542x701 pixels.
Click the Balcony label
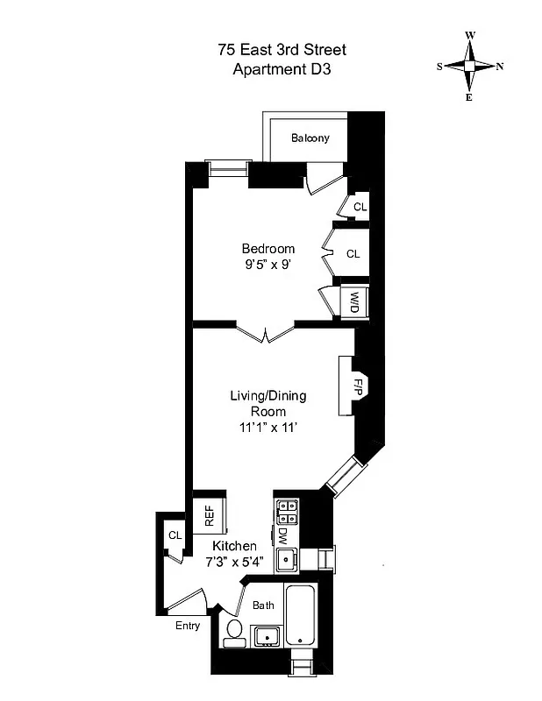point(310,138)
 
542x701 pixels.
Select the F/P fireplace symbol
point(358,385)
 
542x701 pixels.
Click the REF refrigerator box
point(210,515)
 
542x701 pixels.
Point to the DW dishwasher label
point(283,535)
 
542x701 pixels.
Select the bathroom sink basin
point(264,635)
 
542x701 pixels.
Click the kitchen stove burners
point(287,510)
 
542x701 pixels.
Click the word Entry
point(188,626)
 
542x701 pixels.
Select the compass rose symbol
point(469,66)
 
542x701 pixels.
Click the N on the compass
point(500,67)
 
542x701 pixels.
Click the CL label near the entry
point(175,535)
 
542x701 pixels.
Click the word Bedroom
point(268,249)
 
